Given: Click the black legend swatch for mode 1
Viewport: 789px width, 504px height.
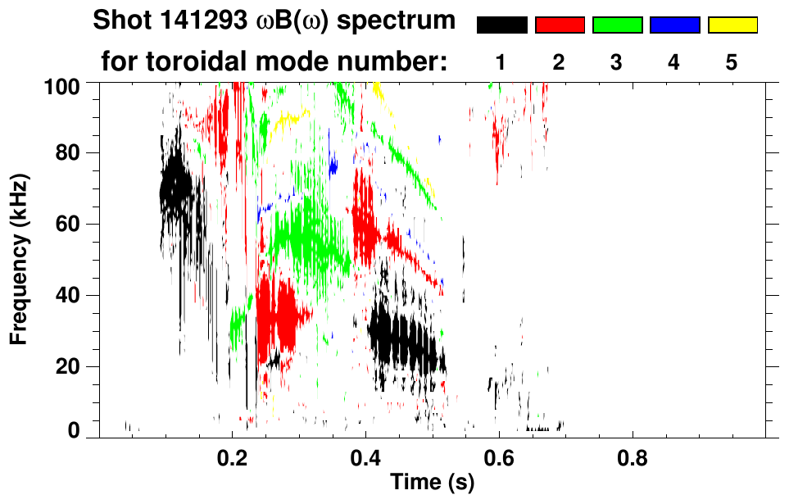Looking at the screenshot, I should [501, 25].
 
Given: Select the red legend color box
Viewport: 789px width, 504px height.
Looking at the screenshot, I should [560, 25].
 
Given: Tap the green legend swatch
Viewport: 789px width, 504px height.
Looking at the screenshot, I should [617, 25].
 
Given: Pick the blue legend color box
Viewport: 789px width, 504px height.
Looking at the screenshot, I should [674, 25].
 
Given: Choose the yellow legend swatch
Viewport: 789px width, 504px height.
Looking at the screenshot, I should [732, 25].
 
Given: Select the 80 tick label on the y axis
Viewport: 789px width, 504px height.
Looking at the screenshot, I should [67, 153].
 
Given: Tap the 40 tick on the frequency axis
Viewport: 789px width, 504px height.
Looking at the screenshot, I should [67, 295].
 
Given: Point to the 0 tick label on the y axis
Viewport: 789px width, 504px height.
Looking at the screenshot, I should [74, 429].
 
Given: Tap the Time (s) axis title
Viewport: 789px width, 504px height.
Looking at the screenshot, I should [431, 483].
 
